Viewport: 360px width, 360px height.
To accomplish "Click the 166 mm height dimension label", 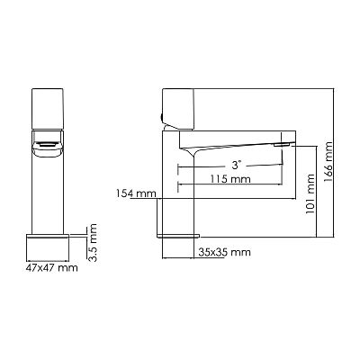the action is coord(328,162).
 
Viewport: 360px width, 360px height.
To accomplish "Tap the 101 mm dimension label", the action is coord(310,193).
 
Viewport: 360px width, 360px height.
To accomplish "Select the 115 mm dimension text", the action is coord(230,179).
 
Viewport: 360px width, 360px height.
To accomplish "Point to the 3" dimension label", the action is coord(237,165).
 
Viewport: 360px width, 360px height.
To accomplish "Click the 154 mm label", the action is coord(136,193).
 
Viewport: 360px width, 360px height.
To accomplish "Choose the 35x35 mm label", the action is coord(224,252).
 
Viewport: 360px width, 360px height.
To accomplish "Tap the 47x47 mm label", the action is coord(51,267).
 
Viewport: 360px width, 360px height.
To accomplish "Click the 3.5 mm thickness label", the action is coord(93,243).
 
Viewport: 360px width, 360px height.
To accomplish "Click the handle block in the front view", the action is coord(48,109).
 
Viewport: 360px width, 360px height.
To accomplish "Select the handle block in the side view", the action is coord(177,110).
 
